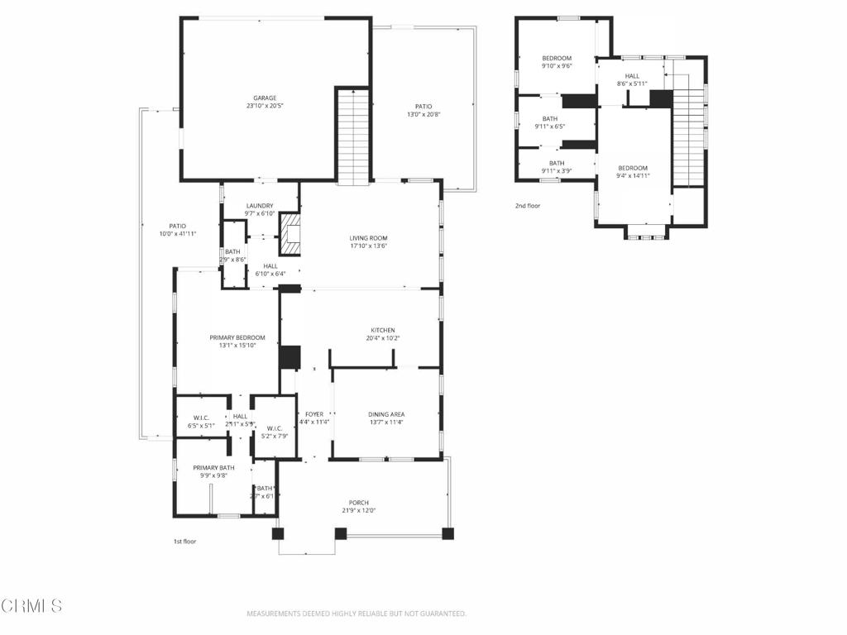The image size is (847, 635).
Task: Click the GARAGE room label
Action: (265, 98)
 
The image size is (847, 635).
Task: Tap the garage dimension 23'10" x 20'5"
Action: (265, 106)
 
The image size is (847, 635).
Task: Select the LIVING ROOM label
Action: (369, 238)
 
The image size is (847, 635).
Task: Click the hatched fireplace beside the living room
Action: (290, 234)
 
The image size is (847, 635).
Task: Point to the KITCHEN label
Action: (382, 330)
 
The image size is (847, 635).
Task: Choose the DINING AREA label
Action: (386, 414)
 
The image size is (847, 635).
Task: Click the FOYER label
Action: (314, 414)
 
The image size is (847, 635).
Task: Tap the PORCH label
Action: (358, 502)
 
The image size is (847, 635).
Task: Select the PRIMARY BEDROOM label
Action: (237, 337)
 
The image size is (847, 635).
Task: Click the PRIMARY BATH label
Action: (213, 468)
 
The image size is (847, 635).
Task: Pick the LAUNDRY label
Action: (260, 206)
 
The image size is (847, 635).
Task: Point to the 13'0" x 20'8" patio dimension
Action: (423, 114)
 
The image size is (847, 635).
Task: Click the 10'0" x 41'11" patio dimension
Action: (178, 234)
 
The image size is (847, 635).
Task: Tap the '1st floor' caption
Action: (184, 542)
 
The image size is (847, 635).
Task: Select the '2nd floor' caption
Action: (527, 205)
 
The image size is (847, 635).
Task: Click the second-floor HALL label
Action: (632, 75)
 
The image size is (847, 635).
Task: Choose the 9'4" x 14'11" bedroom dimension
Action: (633, 175)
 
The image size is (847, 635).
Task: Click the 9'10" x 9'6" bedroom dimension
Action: (557, 66)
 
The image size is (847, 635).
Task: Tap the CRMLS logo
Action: (31, 606)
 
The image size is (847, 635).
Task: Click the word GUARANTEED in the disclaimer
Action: (443, 614)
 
